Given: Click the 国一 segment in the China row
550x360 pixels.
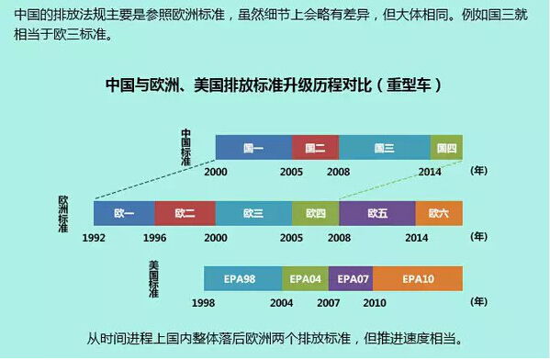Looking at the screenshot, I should (253, 148).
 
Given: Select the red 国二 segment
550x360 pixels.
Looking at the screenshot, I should (315, 148).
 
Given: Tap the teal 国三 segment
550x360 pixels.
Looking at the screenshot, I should (384, 148).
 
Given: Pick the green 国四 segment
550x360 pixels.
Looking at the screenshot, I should (446, 148).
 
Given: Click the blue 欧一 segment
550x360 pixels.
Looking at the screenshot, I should (124, 213).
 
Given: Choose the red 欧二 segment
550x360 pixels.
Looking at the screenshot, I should (185, 213).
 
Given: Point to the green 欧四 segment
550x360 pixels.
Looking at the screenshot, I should (315, 213).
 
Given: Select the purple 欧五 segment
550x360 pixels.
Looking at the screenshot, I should (377, 213).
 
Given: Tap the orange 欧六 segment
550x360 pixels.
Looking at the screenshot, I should (439, 213).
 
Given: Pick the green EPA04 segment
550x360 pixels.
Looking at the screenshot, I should (306, 278).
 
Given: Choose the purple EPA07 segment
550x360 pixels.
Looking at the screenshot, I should (351, 278).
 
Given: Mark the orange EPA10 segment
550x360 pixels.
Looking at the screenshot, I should (417, 278).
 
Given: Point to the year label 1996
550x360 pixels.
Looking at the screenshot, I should (154, 237).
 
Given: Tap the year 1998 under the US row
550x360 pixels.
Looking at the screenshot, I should (204, 302).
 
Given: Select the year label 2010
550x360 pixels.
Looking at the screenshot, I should (374, 302).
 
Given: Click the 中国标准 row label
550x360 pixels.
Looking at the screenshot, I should (185, 146).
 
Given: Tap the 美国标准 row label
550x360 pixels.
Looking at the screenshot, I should (153, 278).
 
